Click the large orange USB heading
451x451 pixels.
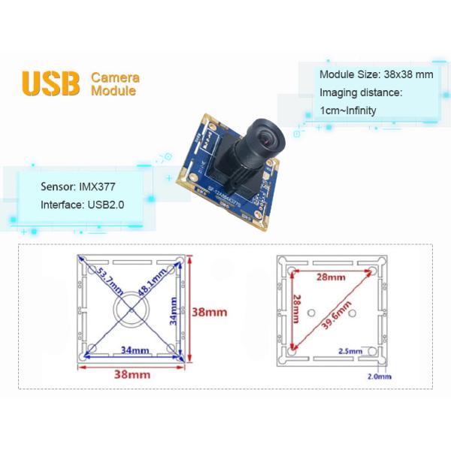coord(51,83)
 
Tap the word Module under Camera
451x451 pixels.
coord(113,91)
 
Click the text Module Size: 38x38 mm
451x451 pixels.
coord(376,74)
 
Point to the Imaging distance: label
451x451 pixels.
coord(361,92)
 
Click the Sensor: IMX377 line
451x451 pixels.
coord(77,184)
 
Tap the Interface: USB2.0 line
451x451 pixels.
coord(82,204)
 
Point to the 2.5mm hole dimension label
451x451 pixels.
coord(350,351)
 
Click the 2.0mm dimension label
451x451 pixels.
coord(378,375)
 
